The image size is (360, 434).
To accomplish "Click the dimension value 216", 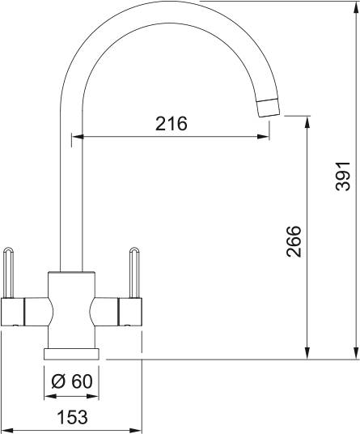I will pos(171,124).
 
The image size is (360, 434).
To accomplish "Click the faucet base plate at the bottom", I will pos(73,353).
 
